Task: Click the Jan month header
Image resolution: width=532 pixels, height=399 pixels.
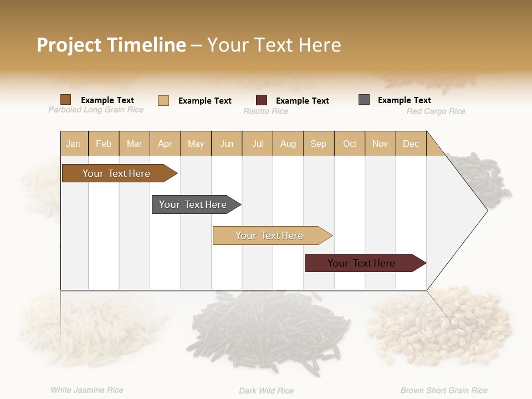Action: pos(73,144)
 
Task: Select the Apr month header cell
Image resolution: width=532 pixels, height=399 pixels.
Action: pos(165,144)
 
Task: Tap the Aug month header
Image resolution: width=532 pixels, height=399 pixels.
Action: pos(288,144)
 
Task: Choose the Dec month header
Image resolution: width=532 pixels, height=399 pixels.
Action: pos(411,144)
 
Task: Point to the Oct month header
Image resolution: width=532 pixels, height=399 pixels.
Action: pos(350,144)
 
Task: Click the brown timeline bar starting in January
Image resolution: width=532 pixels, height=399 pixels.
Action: pos(116,173)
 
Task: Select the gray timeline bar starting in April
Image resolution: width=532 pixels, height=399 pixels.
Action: pos(193,204)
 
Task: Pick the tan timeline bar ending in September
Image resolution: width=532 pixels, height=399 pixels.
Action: pos(269,236)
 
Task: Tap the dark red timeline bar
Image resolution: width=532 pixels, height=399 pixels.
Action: pos(361,263)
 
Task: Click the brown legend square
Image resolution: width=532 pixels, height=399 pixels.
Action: pos(66,100)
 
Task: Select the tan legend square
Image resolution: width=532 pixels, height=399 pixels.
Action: pos(163,100)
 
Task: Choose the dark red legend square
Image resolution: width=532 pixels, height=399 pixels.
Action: pos(262,100)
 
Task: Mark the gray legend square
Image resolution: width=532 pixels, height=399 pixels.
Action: pos(364,100)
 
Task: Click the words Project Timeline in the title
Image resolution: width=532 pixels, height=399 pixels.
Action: pos(111,45)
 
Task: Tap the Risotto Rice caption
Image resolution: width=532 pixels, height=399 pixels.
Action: pos(265,111)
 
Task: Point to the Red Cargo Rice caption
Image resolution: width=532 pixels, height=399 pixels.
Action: pos(436,111)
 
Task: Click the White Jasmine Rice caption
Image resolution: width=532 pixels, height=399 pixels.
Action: pos(87,390)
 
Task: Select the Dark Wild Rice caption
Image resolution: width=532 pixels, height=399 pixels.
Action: pos(266,391)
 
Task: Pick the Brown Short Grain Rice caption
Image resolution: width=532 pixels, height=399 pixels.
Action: pos(444,391)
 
